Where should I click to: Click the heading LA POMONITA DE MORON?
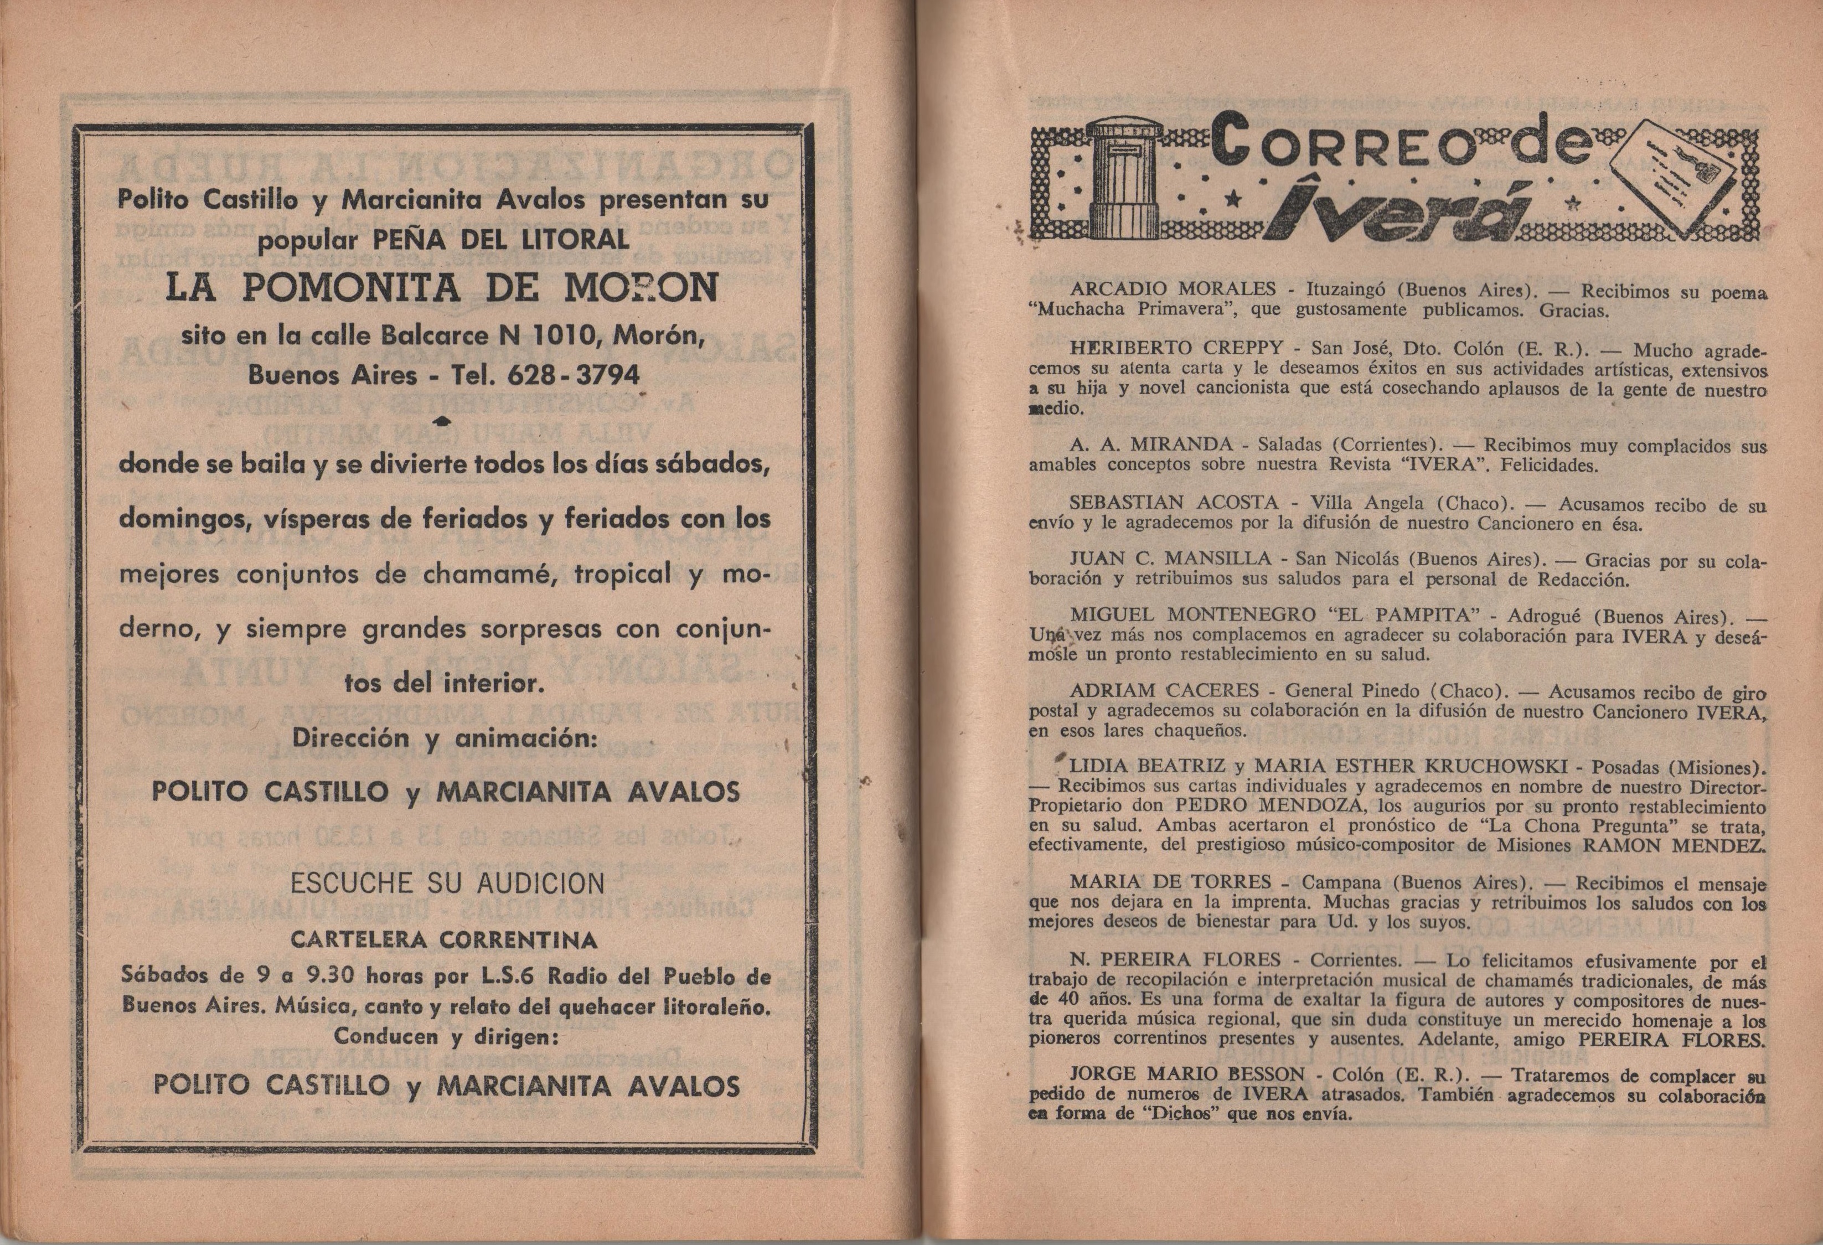click(442, 287)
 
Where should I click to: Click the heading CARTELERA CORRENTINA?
click(443, 940)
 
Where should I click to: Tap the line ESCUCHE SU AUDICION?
click(447, 884)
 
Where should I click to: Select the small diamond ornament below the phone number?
click(443, 421)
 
